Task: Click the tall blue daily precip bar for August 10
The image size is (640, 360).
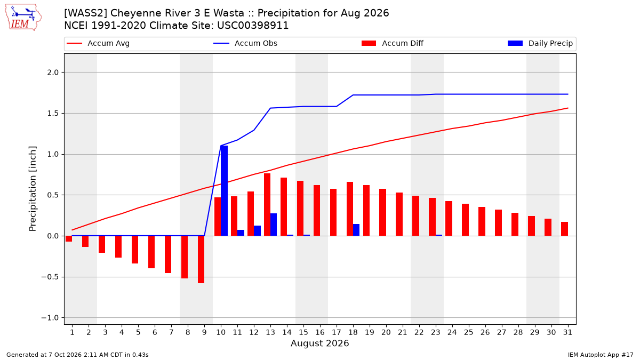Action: (225, 191)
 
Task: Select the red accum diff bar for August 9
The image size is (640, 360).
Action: (201, 259)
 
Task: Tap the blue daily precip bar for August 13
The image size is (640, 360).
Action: (274, 225)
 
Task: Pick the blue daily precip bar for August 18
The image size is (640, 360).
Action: (356, 230)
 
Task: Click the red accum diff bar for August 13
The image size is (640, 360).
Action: (267, 205)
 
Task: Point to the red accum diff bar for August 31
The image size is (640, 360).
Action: (565, 229)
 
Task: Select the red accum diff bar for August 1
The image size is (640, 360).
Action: (69, 239)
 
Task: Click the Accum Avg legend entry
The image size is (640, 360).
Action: (98, 43)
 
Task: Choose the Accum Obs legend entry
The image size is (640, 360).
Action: (245, 43)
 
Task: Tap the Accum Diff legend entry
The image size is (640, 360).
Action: (393, 43)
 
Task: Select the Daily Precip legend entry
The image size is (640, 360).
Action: (540, 43)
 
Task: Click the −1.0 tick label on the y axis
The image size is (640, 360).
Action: (50, 318)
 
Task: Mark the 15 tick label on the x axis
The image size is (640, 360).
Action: (303, 332)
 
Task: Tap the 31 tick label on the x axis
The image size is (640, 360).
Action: (567, 332)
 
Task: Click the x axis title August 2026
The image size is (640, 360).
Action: (319, 343)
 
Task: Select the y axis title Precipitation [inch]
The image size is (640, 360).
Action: (33, 189)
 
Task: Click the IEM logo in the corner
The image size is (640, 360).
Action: (23, 18)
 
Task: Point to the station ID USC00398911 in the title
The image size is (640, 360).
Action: (253, 26)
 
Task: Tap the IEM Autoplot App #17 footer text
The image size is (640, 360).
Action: (601, 355)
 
